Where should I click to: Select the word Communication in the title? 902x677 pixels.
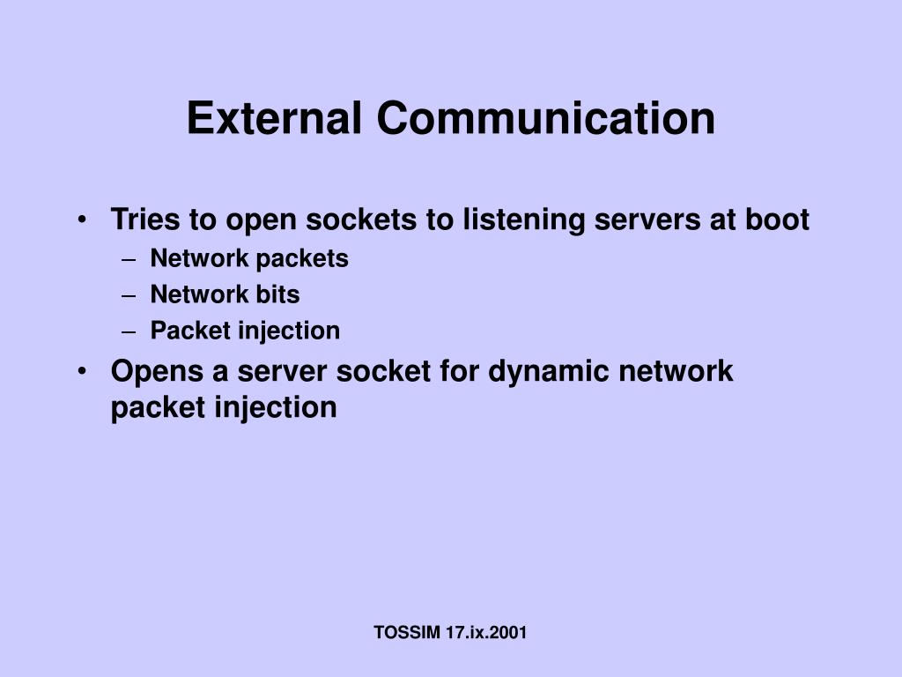pos(546,118)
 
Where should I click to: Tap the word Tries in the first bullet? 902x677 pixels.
pos(142,219)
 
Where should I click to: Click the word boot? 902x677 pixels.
pos(778,219)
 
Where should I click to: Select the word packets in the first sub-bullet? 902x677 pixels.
pos(303,259)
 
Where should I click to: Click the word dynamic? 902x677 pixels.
pos(550,371)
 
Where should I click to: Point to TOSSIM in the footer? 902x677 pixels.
pos(407,632)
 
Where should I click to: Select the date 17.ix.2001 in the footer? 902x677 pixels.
pos(486,632)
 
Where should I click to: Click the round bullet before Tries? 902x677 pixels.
pos(82,219)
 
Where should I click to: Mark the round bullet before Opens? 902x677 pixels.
pos(82,371)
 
